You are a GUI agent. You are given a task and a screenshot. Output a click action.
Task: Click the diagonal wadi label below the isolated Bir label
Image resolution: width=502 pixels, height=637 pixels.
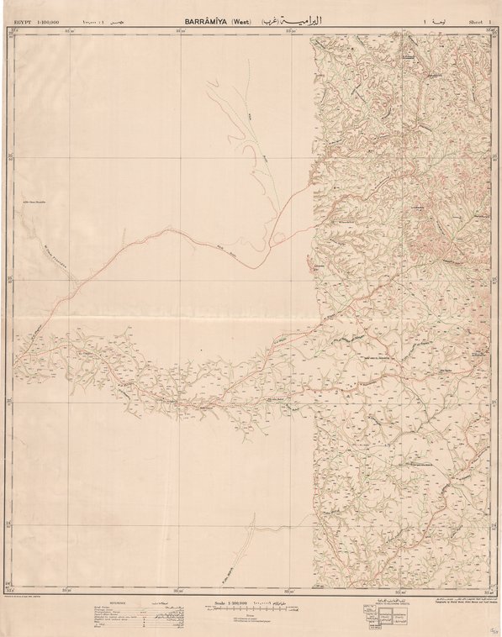[x=59, y=253]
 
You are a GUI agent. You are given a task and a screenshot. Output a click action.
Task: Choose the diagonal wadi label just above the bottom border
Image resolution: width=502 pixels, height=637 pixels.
[x=225, y=572]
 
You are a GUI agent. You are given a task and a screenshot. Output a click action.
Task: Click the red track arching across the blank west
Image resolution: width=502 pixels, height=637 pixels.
[x=168, y=230]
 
